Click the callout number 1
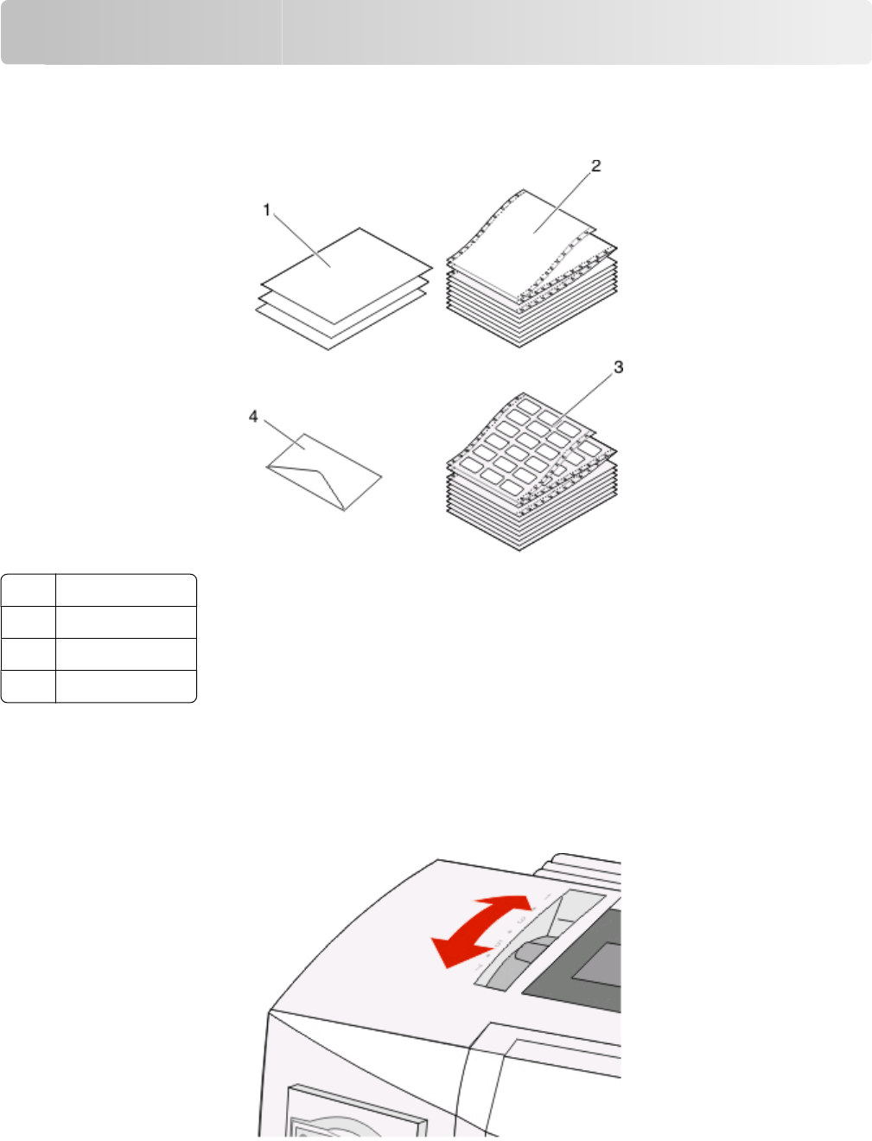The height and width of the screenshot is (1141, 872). pos(266,210)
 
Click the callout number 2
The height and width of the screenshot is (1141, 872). pos(596,166)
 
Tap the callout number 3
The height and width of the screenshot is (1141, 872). pos(619,367)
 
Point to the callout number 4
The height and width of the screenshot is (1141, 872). pos(253,417)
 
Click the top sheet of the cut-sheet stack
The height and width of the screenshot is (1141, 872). pos(347,276)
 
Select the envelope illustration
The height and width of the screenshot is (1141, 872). pos(324,472)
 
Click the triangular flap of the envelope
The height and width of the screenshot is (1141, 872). pos(312,483)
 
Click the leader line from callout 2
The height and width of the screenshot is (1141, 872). pos(562,203)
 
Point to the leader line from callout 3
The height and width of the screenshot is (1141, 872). pos(582,401)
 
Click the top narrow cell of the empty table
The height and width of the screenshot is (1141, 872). pos(29,590)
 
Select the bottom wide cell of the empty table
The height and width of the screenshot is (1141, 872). pos(126,686)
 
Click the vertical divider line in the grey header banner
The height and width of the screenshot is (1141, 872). pos(283,32)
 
